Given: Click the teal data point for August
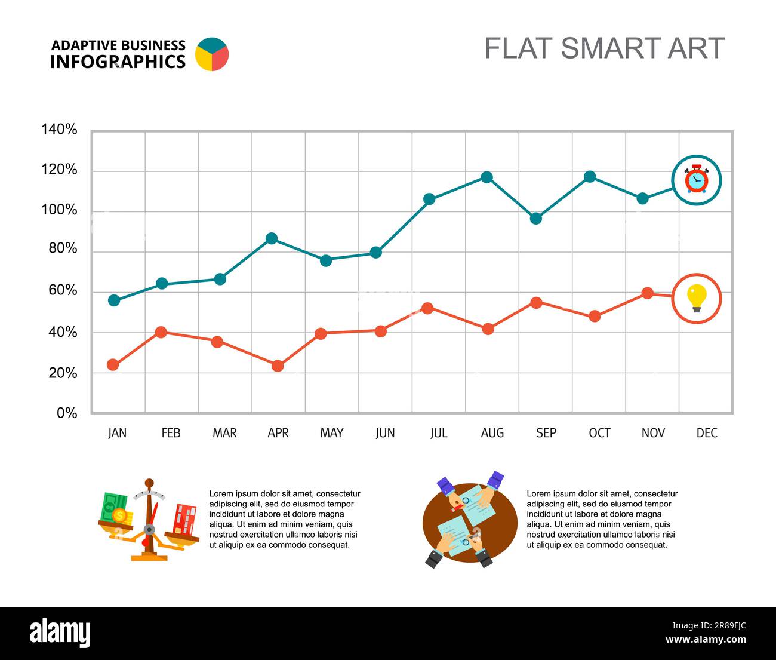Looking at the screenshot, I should point(486,177).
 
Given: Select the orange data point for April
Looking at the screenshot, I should point(278,366).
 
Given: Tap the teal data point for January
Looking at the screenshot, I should point(114,300).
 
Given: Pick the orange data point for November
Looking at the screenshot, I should point(647,293).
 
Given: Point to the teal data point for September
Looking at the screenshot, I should point(535,219).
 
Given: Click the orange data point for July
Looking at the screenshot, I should point(427,308).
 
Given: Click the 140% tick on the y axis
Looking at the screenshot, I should point(59,130).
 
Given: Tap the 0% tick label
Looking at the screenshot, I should point(67,413).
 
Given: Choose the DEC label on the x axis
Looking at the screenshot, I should point(707,433).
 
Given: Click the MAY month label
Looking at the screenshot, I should point(331,433).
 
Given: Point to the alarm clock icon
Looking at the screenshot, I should point(697,180).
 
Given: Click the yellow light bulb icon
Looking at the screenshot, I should point(697,298).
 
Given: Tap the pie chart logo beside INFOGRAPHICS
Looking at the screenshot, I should point(212,54).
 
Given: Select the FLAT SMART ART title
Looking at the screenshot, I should point(604,48).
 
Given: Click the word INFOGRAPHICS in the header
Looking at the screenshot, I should point(118,62).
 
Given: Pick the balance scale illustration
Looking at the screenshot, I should point(149,520).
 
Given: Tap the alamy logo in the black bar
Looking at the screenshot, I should point(60,634).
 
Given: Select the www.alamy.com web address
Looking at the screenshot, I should point(706,640).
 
